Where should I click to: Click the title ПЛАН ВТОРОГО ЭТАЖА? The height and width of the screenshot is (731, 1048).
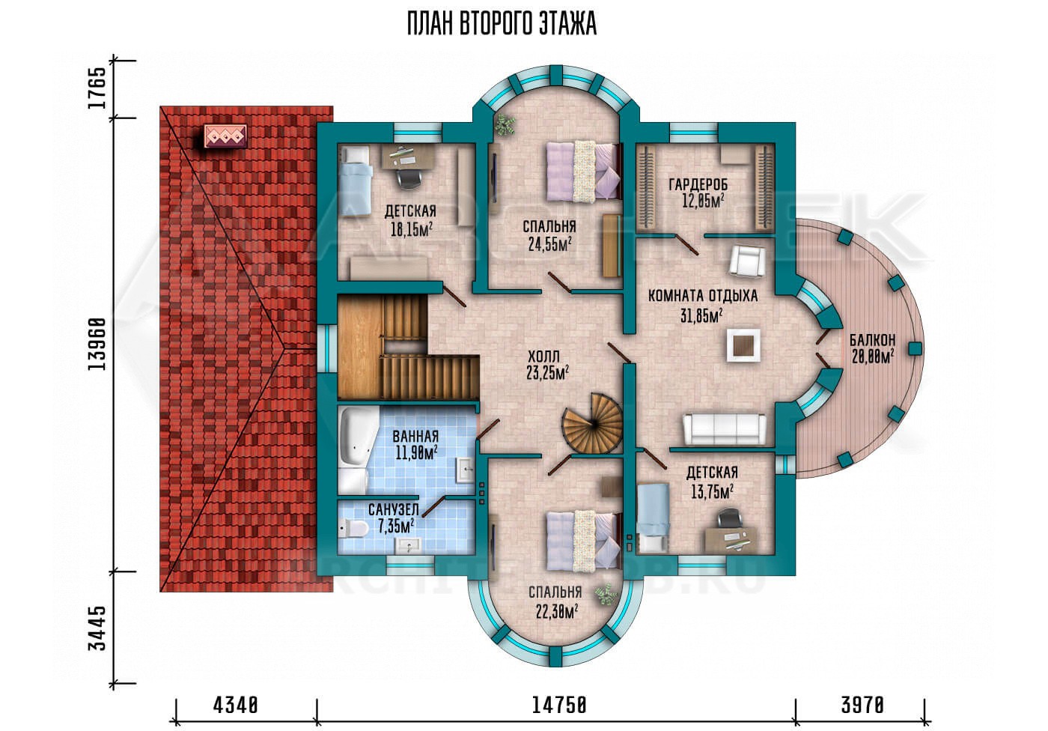click(502, 24)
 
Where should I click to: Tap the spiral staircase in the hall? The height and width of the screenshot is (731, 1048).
click(593, 423)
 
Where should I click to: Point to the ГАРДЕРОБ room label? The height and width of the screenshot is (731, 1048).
click(698, 184)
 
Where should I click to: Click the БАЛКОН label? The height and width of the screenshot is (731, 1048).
click(873, 339)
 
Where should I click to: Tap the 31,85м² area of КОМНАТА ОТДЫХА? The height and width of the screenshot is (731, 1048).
click(701, 316)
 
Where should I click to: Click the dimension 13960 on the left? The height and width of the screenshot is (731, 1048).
click(97, 345)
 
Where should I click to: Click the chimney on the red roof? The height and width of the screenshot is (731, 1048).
click(225, 136)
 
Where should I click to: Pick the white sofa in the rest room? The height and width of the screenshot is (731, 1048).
click(725, 428)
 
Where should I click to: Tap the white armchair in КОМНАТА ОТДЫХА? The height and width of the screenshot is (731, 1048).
click(747, 261)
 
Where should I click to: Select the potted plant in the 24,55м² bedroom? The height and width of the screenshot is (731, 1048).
click(505, 124)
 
